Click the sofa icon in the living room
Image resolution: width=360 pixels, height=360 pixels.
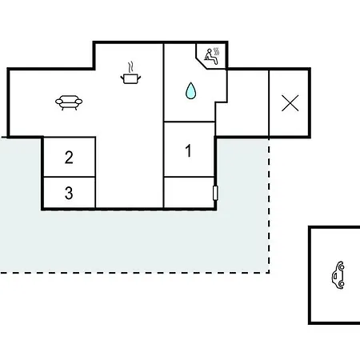point(69,102)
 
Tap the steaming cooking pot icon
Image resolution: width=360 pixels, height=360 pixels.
point(130,74)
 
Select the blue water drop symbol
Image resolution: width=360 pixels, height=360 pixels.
point(190,90)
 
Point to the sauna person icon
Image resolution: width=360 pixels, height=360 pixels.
point(211,57)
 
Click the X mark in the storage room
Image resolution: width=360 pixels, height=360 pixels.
point(290,103)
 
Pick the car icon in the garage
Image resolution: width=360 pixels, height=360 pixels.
point(338,275)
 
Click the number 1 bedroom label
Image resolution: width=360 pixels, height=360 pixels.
point(188,150)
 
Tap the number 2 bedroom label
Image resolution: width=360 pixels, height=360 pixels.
point(69,158)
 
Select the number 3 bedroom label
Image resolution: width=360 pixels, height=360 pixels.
point(69,193)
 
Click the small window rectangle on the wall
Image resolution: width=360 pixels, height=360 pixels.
point(215,193)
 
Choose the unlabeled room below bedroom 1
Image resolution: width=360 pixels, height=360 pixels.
point(189,192)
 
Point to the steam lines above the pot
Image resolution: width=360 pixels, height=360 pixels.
point(130,67)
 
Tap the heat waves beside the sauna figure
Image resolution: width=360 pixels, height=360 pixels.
point(216,52)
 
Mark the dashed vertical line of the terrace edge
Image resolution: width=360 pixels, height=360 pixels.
point(269,206)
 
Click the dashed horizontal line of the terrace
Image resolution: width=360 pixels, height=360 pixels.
point(134,273)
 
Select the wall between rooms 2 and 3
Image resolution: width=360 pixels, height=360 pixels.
point(70,177)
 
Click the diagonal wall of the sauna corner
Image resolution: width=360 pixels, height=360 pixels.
point(202,62)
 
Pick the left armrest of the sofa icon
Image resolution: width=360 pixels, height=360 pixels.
point(59,102)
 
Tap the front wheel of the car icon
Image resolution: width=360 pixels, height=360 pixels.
point(342,266)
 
